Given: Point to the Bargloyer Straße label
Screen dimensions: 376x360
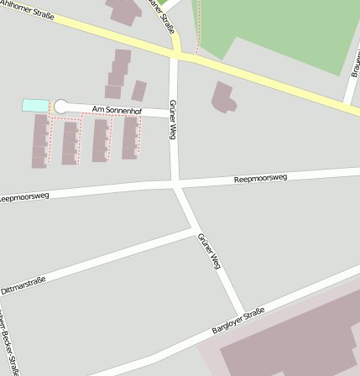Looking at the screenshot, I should pyautogui.click(x=238, y=321).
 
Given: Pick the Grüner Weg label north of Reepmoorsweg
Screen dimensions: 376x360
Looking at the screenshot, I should pyautogui.click(x=173, y=118).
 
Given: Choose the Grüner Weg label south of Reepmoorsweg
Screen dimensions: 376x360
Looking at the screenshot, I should pyautogui.click(x=209, y=251).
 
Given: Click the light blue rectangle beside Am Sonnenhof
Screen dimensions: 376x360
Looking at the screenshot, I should pyautogui.click(x=35, y=105).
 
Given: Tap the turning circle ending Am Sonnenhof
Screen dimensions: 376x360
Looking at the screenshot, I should pyautogui.click(x=60, y=107).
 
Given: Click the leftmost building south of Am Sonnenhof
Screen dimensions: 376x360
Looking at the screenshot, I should pyautogui.click(x=39, y=141).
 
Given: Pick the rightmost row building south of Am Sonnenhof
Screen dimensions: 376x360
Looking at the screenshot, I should pyautogui.click(x=130, y=138).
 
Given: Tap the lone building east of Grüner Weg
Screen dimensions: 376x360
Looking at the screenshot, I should pyautogui.click(x=223, y=97).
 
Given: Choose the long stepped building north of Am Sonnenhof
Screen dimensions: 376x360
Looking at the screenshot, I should pyautogui.click(x=117, y=74).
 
